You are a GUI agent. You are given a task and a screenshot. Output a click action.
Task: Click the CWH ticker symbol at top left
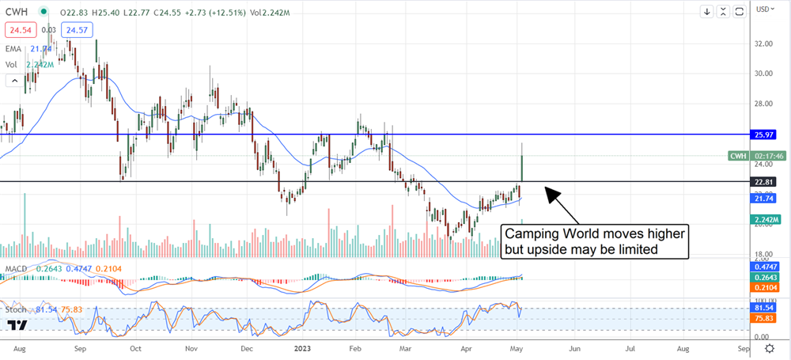click(20, 12)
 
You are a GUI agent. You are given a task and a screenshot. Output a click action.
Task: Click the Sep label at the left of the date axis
click(81, 347)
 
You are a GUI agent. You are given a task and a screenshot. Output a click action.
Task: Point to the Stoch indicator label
click(19, 308)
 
